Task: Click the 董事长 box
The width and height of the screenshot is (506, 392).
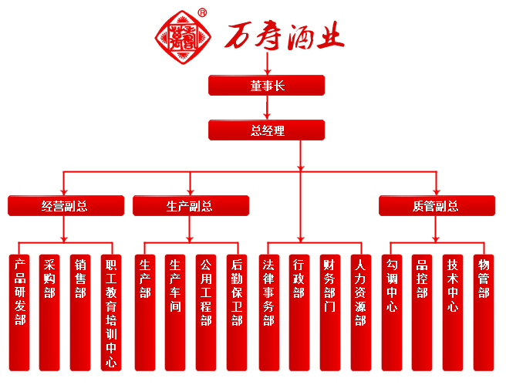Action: click(267, 85)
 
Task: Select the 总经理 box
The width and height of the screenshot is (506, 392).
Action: click(267, 130)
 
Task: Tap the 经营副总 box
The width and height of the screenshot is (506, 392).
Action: click(66, 206)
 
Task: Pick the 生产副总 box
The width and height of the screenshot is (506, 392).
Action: click(191, 206)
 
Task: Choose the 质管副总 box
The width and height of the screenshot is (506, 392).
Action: click(437, 206)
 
